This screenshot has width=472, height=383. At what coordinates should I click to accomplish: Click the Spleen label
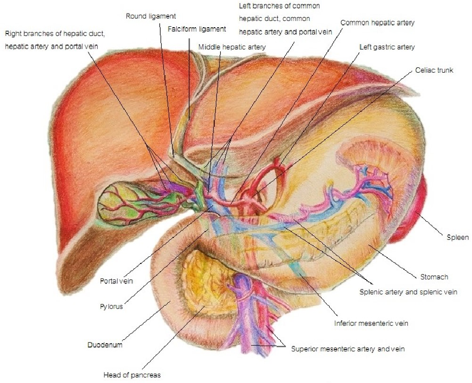458,237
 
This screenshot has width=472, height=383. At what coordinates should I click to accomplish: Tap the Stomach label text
434,277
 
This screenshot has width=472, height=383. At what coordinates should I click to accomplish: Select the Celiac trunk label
434,70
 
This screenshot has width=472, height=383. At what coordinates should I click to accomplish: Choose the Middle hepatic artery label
232,46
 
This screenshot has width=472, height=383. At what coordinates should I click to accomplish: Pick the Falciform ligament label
197,29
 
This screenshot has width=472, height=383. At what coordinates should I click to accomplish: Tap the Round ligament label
151,16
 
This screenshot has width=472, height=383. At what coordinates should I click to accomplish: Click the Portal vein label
116,281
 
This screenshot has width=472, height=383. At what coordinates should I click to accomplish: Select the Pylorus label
111,307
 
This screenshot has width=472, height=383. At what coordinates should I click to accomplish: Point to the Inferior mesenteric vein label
371,324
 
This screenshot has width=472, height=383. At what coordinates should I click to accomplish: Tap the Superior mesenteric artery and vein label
348,349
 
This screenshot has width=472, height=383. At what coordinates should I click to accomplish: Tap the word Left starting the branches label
245,6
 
